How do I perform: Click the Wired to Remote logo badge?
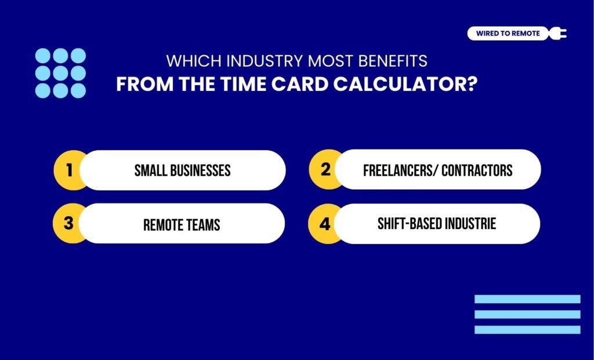tap(508, 34)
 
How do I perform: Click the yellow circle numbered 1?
tap(69, 170)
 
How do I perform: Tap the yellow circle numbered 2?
tap(325, 170)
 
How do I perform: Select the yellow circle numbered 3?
tap(68, 223)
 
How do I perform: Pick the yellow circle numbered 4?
tap(324, 223)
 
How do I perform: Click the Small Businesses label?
tap(182, 170)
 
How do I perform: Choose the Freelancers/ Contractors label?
tap(437, 170)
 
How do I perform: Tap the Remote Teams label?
tap(182, 224)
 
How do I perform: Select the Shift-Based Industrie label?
tap(437, 223)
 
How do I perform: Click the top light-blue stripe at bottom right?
tap(527, 299)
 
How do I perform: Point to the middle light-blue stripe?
tap(527, 314)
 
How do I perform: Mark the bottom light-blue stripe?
tap(527, 329)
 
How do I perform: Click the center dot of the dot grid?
tap(60, 73)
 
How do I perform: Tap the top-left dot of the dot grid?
tap(43, 56)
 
